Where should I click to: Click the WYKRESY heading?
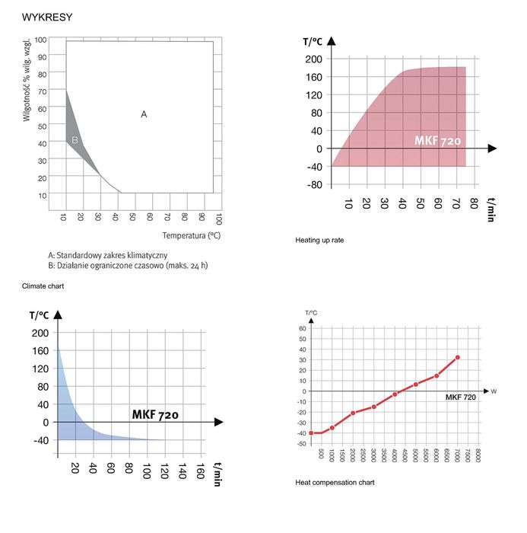47,17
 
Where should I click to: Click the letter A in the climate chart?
144,114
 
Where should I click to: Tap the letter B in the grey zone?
75,140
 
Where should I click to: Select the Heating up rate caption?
319,240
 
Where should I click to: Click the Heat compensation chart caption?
335,482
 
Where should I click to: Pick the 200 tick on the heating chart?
314,59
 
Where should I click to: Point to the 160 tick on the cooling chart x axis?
200,471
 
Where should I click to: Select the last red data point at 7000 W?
457,357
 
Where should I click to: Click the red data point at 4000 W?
395,394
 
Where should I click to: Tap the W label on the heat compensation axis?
494,391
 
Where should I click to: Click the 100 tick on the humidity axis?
40,39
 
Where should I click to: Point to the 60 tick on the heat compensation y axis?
301,329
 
